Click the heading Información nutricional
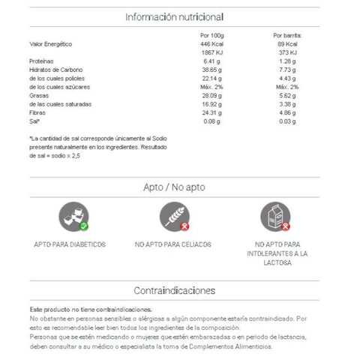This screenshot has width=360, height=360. click(x=174, y=16)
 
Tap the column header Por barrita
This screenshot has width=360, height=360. click(x=287, y=35)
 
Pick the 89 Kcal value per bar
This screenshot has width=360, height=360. click(x=286, y=43)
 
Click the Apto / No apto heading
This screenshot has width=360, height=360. click(x=174, y=187)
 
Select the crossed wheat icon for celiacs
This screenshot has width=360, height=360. click(x=175, y=217)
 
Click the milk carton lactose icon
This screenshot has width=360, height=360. click(x=275, y=217)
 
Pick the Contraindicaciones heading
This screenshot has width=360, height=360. click(x=174, y=290)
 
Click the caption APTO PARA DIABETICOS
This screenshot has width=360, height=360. click(x=70, y=244)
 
